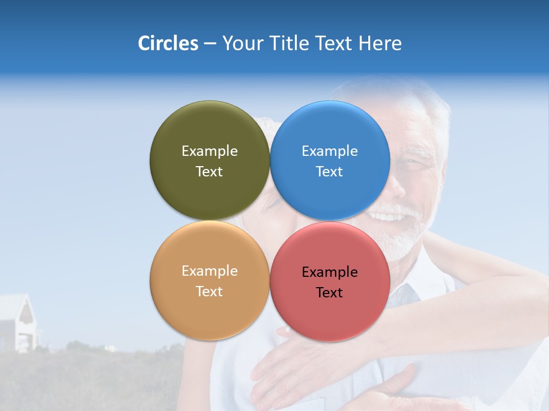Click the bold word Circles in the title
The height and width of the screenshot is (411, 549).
point(168,43)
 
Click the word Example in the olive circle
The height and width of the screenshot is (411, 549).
point(209,151)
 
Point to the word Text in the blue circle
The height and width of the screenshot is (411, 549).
point(329,171)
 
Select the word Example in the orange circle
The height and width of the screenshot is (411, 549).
point(209,271)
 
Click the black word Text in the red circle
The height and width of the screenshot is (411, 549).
point(329,292)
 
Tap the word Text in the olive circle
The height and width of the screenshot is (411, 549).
point(209,171)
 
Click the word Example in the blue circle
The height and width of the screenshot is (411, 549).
point(329,151)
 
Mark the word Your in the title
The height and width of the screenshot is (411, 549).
point(240,43)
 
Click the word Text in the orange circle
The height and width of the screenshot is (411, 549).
point(209,291)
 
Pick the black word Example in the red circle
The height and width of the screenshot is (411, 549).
point(329,272)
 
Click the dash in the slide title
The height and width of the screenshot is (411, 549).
point(210,44)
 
